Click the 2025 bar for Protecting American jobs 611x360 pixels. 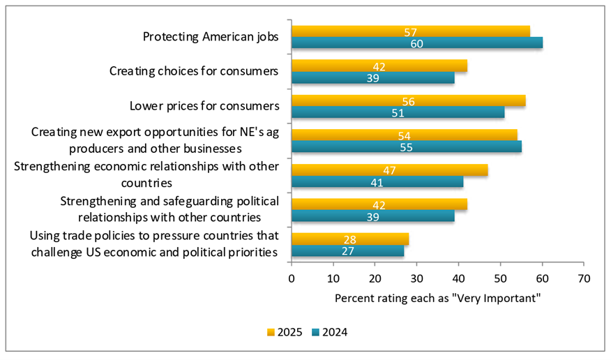(410, 31)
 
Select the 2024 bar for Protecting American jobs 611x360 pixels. (416, 43)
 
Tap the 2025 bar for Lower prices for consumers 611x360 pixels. (408, 100)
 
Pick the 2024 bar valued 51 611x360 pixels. (398, 112)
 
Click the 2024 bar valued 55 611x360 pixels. (406, 147)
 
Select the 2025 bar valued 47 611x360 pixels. (389, 170)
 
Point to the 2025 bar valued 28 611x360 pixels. (349, 239)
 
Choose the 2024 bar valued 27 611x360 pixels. (347, 250)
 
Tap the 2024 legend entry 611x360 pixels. (331, 332)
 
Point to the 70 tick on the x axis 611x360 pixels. (584, 278)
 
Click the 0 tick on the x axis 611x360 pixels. (292, 278)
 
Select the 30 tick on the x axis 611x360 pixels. (416, 278)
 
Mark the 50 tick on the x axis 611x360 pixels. (500, 278)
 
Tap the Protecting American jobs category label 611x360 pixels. (211, 37)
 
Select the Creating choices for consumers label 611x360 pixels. (195, 71)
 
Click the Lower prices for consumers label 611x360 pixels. (204, 106)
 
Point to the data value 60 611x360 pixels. (416, 43)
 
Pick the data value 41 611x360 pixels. (377, 181)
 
